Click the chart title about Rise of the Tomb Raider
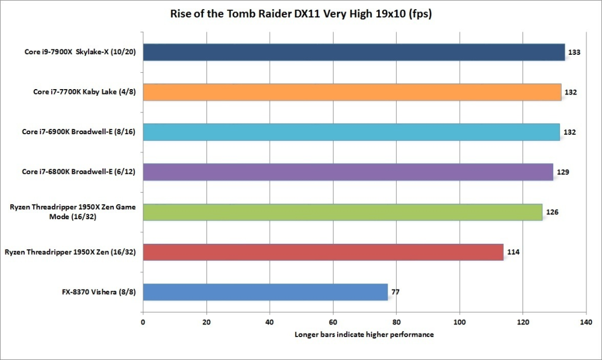[x=293, y=14]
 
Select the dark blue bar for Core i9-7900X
[x=353, y=52]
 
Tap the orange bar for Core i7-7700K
[x=352, y=92]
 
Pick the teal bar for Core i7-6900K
[x=351, y=132]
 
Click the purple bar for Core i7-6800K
[x=347, y=172]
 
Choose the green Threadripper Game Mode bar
[x=342, y=212]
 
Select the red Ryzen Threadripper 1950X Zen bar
[x=323, y=252]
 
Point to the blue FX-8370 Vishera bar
[x=265, y=292]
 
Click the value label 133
[x=574, y=53]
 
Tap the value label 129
[x=563, y=172]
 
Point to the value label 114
[x=514, y=252]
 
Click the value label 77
[x=396, y=293]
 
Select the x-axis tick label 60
[x=333, y=322]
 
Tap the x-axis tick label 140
[x=586, y=322]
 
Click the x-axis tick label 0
[x=143, y=322]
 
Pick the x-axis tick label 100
[x=459, y=322]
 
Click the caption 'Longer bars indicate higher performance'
[x=364, y=335]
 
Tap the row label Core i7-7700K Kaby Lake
[x=84, y=92]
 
